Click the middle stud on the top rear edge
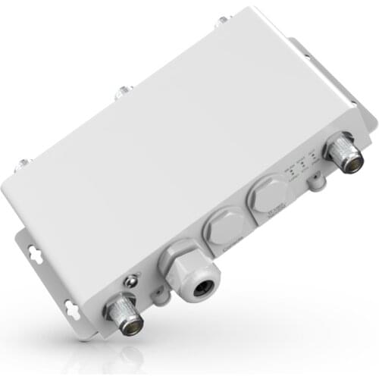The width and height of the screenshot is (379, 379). (120, 93)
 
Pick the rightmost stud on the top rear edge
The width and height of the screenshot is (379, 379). (221, 20)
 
